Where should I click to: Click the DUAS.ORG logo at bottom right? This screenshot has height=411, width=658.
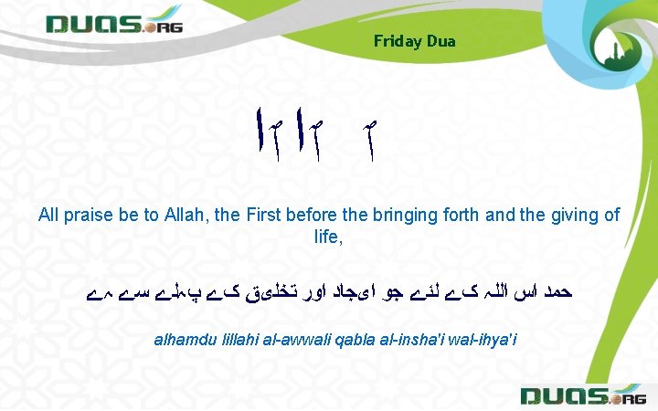[x=581, y=395]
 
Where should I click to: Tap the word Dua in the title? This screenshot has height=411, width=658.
[x=440, y=41]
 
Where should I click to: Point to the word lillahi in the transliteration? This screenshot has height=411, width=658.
[x=236, y=340]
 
